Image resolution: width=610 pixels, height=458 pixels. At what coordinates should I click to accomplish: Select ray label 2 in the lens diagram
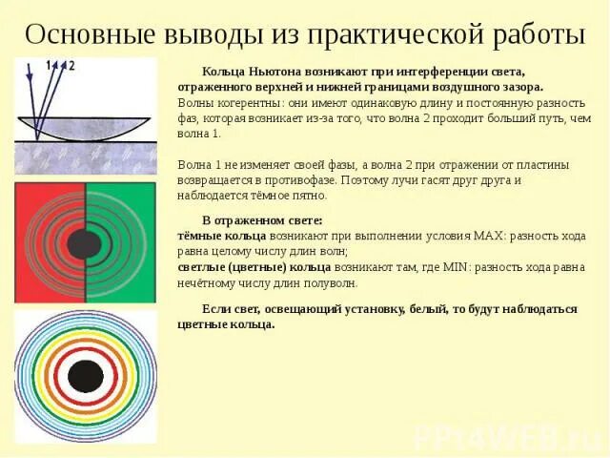pos(71,65)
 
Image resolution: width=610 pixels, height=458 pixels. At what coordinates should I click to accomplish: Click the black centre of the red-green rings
pos(85,242)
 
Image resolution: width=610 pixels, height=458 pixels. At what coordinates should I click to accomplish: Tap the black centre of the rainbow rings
pos(85,376)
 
